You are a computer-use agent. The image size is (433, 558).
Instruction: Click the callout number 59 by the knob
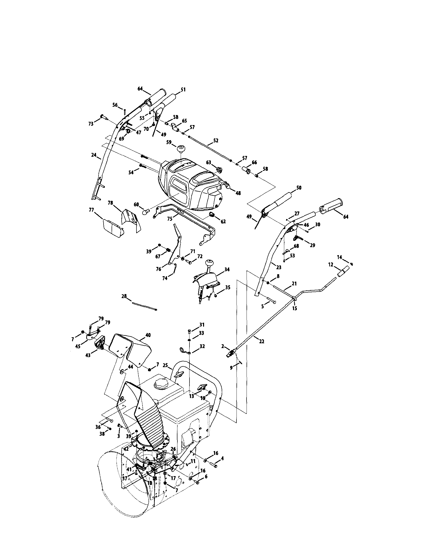(x=168, y=142)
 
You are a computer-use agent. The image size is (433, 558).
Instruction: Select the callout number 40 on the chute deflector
(x=148, y=335)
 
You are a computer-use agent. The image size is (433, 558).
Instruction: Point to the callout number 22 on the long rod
(x=262, y=341)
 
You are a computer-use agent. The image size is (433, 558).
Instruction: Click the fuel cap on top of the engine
(x=160, y=391)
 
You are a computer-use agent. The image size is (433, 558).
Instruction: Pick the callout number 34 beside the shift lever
(x=227, y=269)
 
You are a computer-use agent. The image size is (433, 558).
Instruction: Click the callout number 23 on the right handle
(x=279, y=267)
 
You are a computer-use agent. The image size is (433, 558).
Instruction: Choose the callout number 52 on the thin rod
(x=216, y=141)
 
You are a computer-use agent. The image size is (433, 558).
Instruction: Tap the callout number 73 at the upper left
(x=91, y=124)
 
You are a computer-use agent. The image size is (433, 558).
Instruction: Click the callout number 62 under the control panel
(x=223, y=221)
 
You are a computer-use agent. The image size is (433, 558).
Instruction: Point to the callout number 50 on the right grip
(x=299, y=188)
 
